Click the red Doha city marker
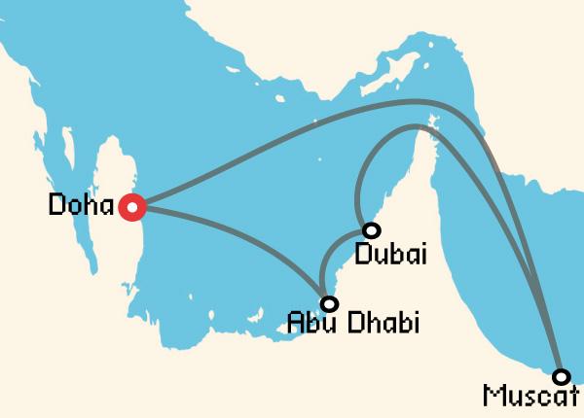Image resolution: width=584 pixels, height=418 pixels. [x=131, y=206]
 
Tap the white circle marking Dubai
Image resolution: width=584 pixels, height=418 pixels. [x=371, y=230]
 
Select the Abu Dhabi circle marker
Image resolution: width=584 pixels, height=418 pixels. [x=328, y=303]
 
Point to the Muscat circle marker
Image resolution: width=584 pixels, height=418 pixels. [x=561, y=376]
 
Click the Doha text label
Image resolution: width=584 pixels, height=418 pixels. [x=81, y=206]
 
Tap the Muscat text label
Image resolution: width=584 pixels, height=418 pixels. [x=529, y=398]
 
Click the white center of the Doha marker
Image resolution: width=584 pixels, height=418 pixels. [x=131, y=206]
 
